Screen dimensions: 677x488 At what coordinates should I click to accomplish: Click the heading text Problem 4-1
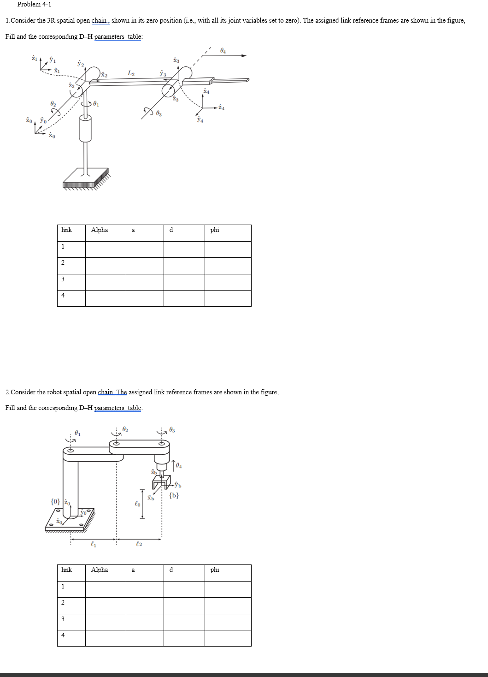pos(34,5)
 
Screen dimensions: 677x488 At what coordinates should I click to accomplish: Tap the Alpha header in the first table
pos(100,230)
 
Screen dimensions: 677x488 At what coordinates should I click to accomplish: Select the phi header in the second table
pos(215,570)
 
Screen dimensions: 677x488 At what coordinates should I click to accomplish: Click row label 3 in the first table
pos(63,279)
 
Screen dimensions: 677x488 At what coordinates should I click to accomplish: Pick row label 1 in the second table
pos(63,587)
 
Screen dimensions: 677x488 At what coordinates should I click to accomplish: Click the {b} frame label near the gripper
pos(174,496)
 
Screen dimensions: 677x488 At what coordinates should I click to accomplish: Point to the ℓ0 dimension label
pos(137,504)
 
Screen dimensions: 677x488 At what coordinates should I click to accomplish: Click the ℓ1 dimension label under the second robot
pos(93,545)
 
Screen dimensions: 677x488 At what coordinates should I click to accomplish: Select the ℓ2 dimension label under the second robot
pos(139,545)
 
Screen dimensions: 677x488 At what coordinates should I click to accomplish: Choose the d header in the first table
pos(171,230)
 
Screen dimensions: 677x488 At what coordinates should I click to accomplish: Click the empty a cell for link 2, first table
pos(145,266)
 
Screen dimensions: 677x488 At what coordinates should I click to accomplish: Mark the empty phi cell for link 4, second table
pos(228,638)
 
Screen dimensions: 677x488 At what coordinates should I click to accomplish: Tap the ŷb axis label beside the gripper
pos(178,485)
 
